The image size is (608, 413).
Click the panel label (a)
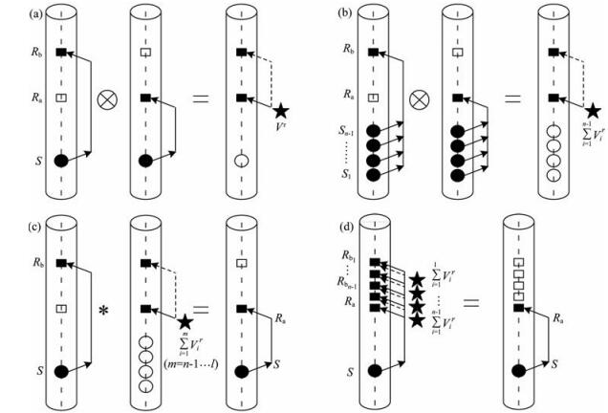coord(12,12)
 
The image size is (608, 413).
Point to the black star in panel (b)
coord(592,112)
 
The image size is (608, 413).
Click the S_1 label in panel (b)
coord(332,175)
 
